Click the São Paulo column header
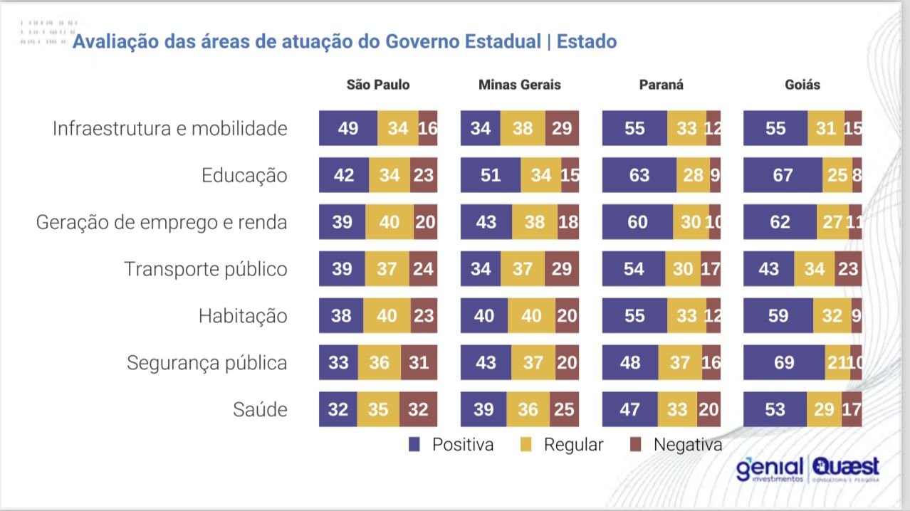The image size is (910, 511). coord(378,85)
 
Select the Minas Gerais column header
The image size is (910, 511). coord(519,85)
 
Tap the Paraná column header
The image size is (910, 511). coord(661,85)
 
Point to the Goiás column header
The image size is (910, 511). coord(802,85)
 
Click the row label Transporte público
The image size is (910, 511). coord(206,269)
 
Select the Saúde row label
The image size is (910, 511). coord(260,409)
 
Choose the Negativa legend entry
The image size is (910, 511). coord(678,445)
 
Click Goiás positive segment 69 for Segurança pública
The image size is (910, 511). coord(784,363)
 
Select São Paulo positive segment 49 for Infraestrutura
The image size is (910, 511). coord(348,129)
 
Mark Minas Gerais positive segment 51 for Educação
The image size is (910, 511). coord(491,175)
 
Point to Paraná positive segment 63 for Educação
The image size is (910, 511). coord(639,175)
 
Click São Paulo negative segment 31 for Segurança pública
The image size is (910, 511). coord(419,363)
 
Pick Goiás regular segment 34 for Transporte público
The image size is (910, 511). coord(814,269)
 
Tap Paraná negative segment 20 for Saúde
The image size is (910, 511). coord(709,409)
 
